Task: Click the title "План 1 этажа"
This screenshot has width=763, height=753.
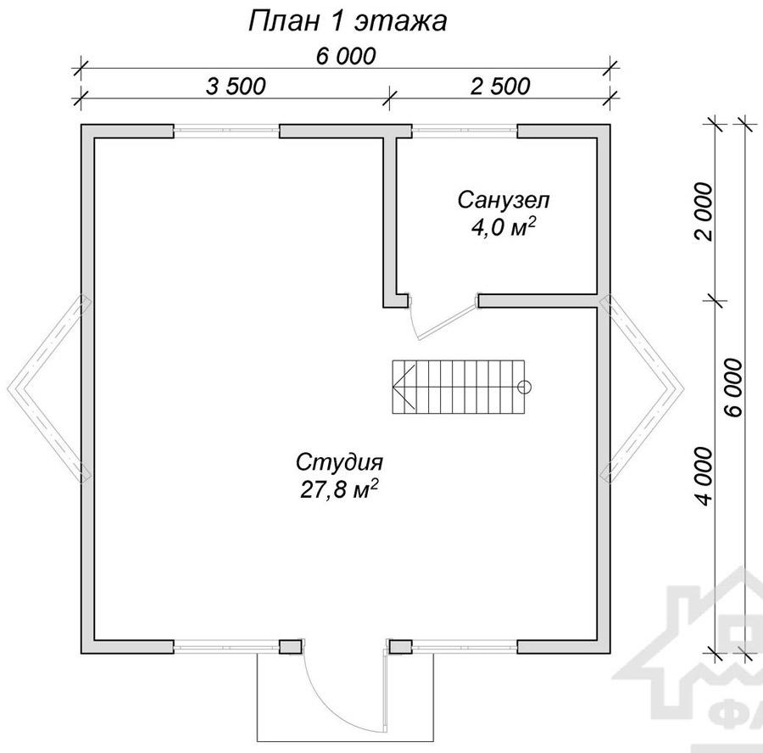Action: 348,21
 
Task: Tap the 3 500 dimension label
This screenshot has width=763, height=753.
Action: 236,86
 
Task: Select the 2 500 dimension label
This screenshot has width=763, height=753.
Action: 500,86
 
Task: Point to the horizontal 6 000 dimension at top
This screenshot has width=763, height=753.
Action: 346,56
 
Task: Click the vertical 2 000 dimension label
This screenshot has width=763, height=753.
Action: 704,212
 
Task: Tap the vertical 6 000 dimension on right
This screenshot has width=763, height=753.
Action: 734,388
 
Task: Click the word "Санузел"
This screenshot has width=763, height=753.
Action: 504,200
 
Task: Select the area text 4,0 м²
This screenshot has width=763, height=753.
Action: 504,227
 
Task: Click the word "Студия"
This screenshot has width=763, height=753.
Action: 340,462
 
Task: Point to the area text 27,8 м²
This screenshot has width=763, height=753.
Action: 340,489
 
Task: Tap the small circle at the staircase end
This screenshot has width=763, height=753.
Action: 525,388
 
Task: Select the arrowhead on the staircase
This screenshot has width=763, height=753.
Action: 405,387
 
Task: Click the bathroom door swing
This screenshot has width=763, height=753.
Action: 443,317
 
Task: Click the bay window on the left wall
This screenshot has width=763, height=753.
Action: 48,389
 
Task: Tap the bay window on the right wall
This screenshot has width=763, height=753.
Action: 642,389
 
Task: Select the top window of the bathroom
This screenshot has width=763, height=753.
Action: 465,131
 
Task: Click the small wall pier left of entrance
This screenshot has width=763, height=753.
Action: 291,646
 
